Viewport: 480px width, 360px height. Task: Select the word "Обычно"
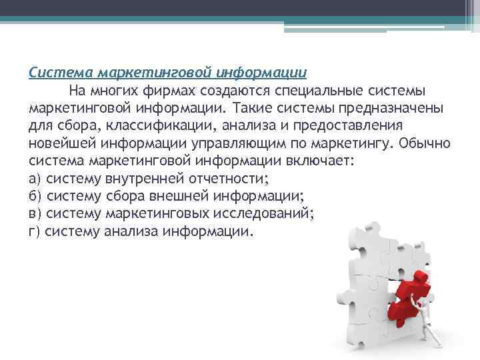pos(427,143)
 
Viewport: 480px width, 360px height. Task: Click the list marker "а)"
pos(36,179)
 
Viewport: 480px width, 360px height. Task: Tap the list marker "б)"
pos(36,197)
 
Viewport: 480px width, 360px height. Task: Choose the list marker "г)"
pos(36,233)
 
